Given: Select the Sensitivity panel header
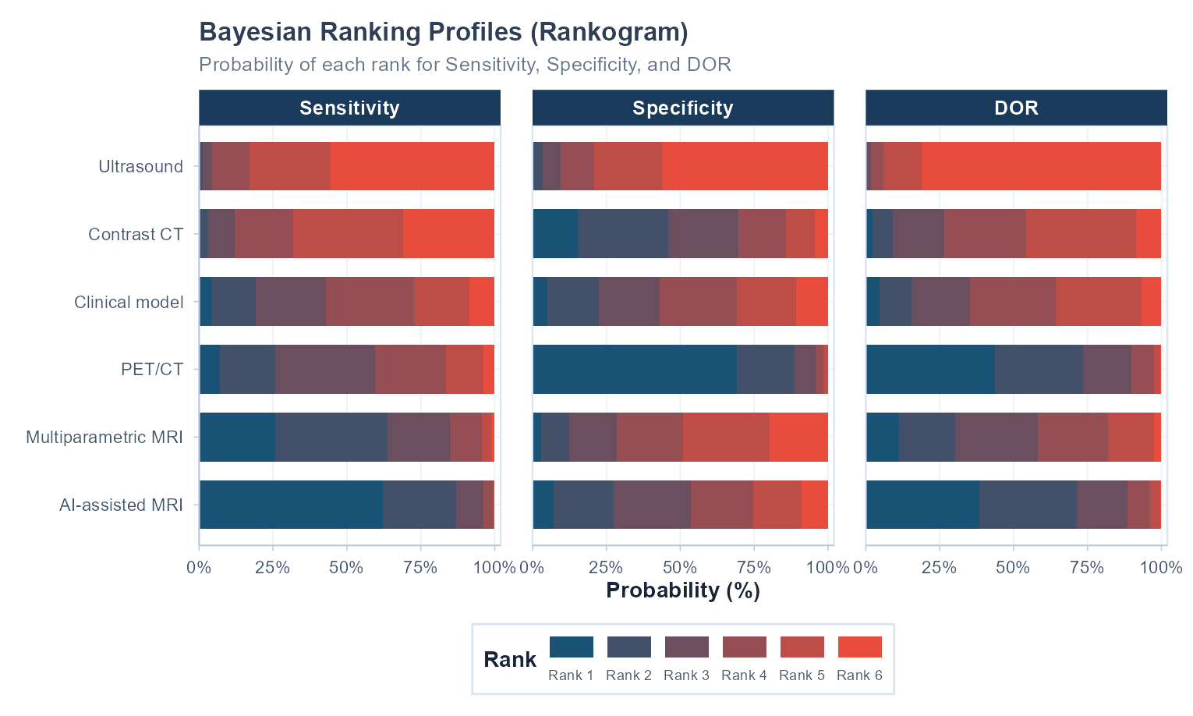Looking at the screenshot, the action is [x=349, y=108].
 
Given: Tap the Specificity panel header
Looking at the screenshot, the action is [x=683, y=108].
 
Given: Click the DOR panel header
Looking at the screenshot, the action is [x=1016, y=108].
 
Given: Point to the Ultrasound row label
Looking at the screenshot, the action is [x=140, y=166].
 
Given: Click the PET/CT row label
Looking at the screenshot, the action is [x=152, y=369].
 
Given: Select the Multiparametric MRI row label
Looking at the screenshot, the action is [x=104, y=437].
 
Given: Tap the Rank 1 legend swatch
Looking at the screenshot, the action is [x=571, y=647].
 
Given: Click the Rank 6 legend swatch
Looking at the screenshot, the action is [x=859, y=647].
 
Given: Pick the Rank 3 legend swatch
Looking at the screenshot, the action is [x=686, y=647].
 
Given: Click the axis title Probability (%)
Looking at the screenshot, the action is [x=683, y=590].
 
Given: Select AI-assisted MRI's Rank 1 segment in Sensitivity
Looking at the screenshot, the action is [x=292, y=505].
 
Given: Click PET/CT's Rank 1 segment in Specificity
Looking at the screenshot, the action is [x=635, y=369].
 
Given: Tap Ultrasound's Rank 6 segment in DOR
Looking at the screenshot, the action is [x=1041, y=166].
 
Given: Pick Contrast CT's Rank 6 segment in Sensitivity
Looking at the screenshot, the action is [x=448, y=233].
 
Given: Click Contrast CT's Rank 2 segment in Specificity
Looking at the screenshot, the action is [x=623, y=233].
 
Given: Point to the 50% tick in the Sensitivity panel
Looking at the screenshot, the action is [x=346, y=567].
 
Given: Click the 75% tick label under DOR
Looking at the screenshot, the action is [x=1086, y=567].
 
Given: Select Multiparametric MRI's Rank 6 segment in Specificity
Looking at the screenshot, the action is [x=798, y=437].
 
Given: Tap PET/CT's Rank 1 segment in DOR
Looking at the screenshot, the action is [x=931, y=369].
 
